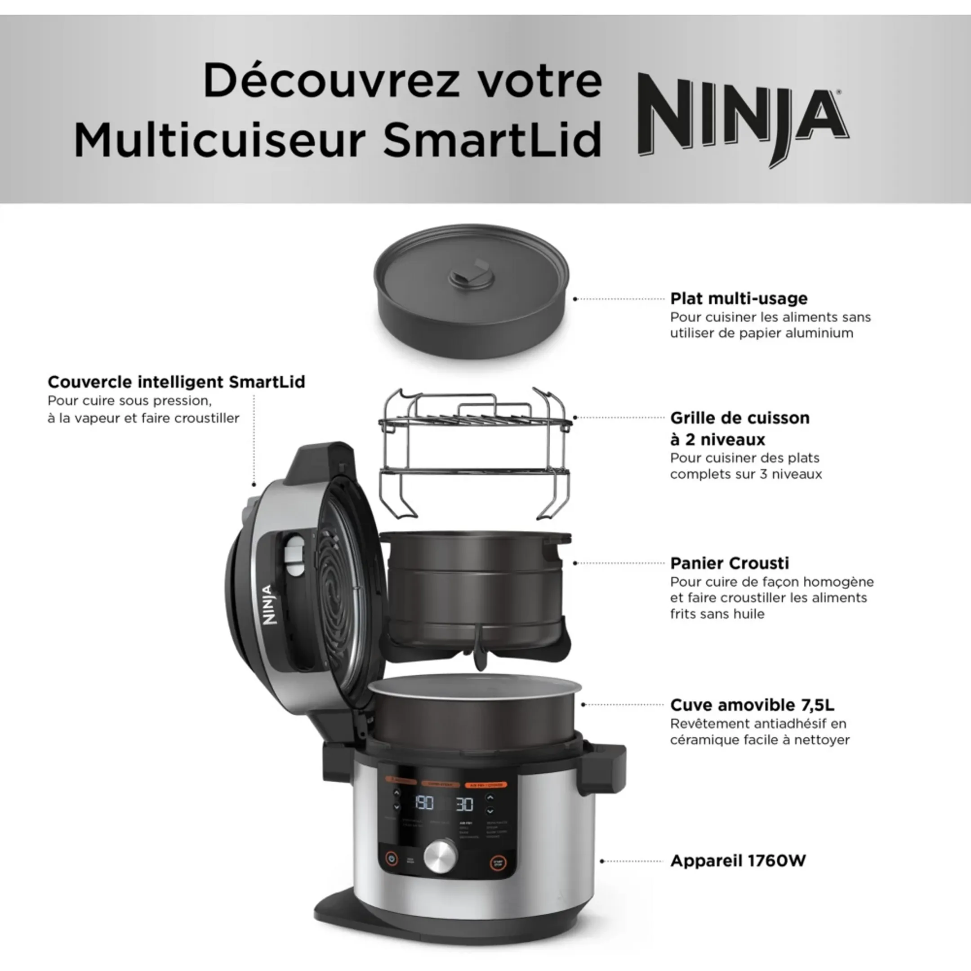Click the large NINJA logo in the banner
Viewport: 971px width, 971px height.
click(743, 119)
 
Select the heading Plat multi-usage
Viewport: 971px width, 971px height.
click(739, 298)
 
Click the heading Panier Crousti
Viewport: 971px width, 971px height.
click(729, 563)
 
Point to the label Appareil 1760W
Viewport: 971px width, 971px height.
click(738, 861)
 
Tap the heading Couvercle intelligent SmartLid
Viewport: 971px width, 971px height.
click(176, 382)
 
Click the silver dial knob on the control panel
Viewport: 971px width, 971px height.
click(441, 856)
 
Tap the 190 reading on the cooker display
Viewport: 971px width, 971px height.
click(424, 803)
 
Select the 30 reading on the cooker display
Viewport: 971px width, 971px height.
click(464, 804)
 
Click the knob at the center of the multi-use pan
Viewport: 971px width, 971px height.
click(472, 276)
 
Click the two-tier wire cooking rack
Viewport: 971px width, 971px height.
click(475, 452)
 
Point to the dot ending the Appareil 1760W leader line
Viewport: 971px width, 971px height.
click(602, 861)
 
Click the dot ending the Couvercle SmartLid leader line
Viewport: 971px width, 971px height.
click(254, 485)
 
